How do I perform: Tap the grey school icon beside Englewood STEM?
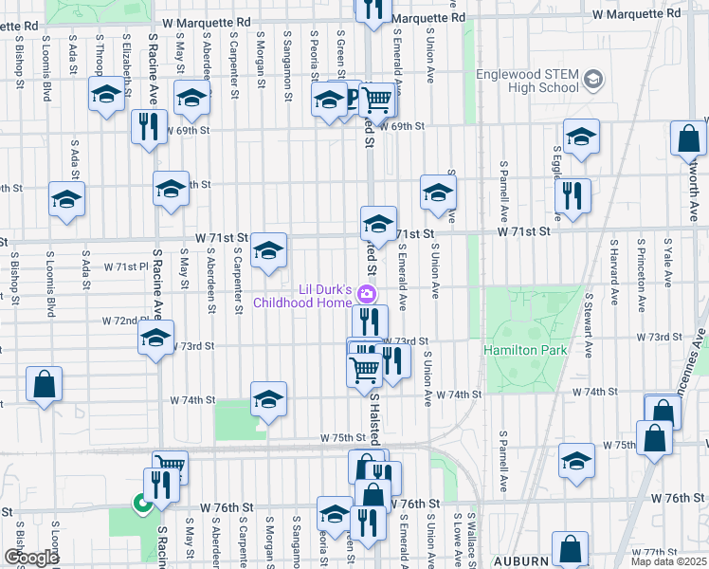pyautogui.click(x=594, y=78)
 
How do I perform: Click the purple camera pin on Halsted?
pyautogui.click(x=369, y=291)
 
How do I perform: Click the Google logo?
pyautogui.click(x=30, y=558)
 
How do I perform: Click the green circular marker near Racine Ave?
pyautogui.click(x=143, y=505)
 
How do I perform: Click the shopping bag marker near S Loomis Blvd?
pyautogui.click(x=44, y=385)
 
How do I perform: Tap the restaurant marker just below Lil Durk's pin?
pyautogui.click(x=371, y=321)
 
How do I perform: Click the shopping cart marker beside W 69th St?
pyautogui.click(x=377, y=99)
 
